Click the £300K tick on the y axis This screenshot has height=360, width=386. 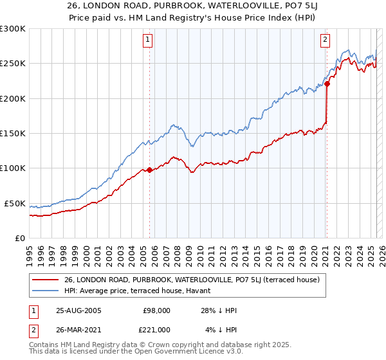click(13, 29)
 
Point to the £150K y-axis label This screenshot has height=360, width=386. click(13, 134)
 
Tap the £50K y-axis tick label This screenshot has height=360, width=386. click(15, 203)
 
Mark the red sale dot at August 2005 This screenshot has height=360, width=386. click(150, 170)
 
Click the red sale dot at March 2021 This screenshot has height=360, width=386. click(327, 84)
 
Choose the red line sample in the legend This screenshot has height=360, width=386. click(46, 280)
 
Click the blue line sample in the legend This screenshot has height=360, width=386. click(46, 290)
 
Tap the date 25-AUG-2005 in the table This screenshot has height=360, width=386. click(78, 310)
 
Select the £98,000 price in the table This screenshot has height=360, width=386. click(156, 310)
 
